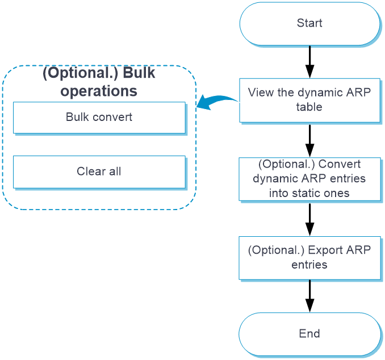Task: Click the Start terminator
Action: coord(309,24)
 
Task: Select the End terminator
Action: coord(309,334)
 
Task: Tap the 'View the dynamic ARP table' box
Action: coord(309,100)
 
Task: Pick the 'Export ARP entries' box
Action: coord(309,258)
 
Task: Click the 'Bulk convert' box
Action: coord(99,118)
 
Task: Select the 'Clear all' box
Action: coord(99,172)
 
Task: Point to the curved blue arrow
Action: coord(216,99)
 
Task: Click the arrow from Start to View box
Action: coord(310,62)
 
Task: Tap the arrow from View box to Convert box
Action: coord(310,141)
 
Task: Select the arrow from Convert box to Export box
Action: coord(310,220)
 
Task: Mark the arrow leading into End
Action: coord(310,296)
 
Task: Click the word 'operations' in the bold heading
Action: coord(99,91)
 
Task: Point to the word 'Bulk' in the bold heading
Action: coord(139,73)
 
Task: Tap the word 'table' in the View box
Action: coord(309,107)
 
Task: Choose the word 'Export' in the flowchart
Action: coord(325,250)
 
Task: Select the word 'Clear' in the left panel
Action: coord(91,171)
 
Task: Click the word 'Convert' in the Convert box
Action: coord(340,164)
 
